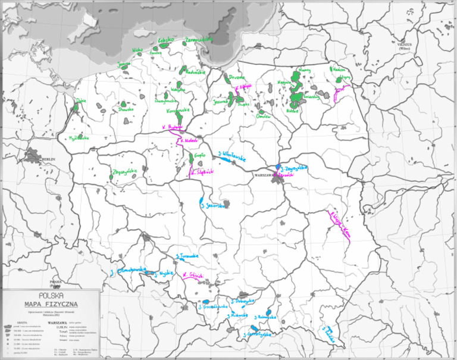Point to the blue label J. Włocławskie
[x=232, y=155]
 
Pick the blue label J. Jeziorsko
[x=215, y=206]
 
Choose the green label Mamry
[x=304, y=70]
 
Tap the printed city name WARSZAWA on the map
[x=262, y=176]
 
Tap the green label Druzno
[x=234, y=77]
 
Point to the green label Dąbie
[x=81, y=101]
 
